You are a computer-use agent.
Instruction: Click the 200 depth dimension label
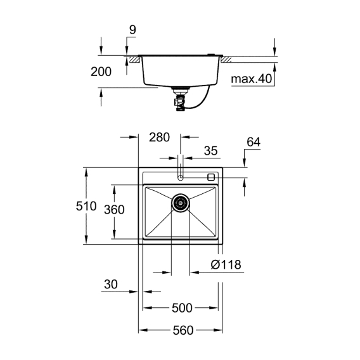click(101, 72)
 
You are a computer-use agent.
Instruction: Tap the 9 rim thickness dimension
click(132, 30)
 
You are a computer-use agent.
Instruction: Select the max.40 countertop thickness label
click(252, 79)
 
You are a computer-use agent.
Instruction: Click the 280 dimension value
click(159, 138)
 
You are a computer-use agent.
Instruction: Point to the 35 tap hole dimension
click(211, 151)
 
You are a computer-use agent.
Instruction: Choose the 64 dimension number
click(254, 142)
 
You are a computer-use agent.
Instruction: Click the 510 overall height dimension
click(86, 206)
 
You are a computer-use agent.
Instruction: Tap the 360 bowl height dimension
click(114, 209)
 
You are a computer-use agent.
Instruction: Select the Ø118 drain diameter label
click(226, 264)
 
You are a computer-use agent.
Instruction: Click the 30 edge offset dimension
click(111, 284)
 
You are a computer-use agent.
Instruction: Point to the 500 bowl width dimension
click(182, 308)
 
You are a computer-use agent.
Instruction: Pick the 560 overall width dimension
click(183, 330)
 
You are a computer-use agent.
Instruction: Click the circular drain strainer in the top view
click(181, 203)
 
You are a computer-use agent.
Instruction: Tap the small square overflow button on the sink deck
click(211, 177)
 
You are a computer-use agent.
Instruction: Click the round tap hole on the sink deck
click(181, 177)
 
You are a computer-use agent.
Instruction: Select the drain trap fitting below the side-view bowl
click(181, 100)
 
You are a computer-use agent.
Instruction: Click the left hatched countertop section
click(134, 60)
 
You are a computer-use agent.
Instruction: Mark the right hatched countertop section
click(226, 60)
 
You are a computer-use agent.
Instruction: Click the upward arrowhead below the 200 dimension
click(101, 93)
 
